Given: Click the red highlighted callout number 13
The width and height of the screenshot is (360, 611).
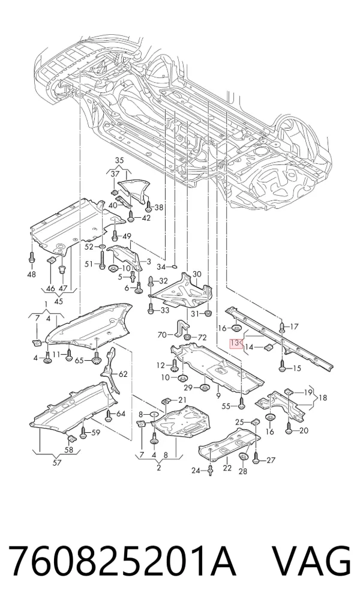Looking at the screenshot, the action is pyautogui.click(x=235, y=343).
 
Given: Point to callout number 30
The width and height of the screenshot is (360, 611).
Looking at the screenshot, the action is pyautogui.click(x=197, y=274).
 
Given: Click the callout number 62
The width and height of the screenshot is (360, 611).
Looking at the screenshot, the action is pyautogui.click(x=123, y=375).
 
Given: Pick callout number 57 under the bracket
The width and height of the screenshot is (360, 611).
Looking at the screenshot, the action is pyautogui.click(x=57, y=463).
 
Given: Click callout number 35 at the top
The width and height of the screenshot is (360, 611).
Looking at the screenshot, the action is pyautogui.click(x=119, y=160).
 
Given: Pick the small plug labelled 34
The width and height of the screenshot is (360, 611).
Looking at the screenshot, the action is pyautogui.click(x=175, y=266).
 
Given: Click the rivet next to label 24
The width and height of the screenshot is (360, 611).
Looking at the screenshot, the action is pyautogui.click(x=211, y=470).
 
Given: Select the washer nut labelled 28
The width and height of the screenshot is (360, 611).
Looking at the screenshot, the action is pyautogui.click(x=244, y=457).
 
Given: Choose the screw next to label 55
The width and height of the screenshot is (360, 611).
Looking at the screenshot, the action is pyautogui.click(x=242, y=405).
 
